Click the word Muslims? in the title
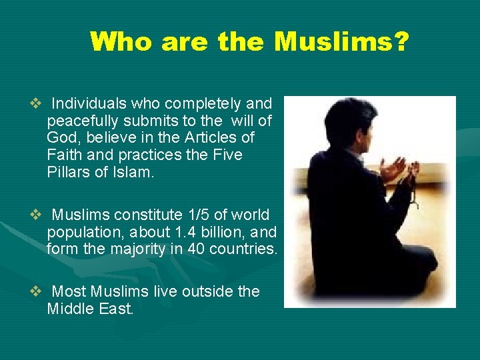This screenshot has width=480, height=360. pyautogui.click(x=341, y=41)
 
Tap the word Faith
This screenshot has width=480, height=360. pyautogui.click(x=64, y=155)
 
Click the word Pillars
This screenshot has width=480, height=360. pyautogui.click(x=68, y=172)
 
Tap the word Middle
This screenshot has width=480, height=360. pyautogui.click(x=69, y=309)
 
